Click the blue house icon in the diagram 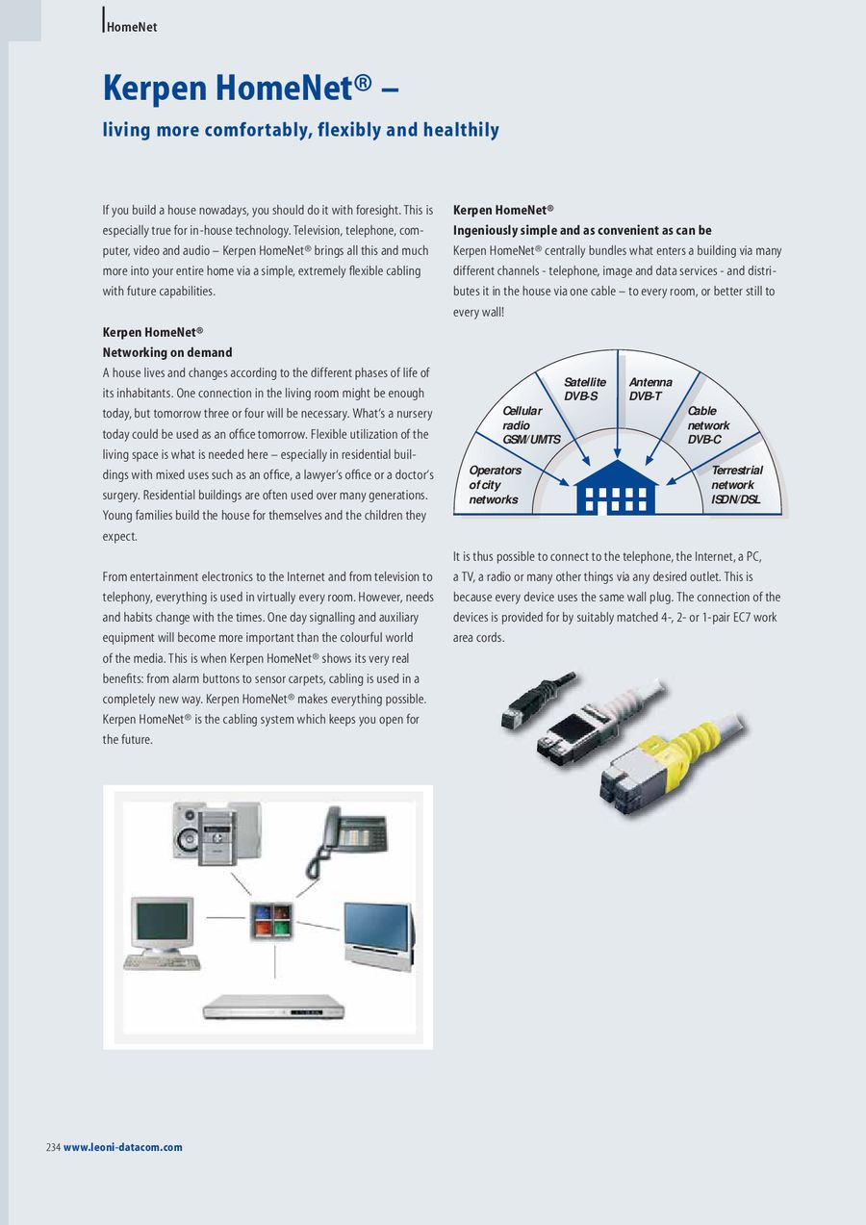click(616, 489)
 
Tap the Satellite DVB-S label click(584, 389)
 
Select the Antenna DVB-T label click(650, 389)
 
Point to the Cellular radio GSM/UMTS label click(530, 424)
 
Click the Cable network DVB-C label click(708, 424)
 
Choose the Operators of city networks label click(495, 484)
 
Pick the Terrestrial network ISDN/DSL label click(736, 484)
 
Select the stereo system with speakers click(216, 829)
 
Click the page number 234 click(53, 1147)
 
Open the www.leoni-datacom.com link click(122, 1147)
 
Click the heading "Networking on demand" click(167, 352)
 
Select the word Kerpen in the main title click(155, 88)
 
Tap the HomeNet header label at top click(132, 27)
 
